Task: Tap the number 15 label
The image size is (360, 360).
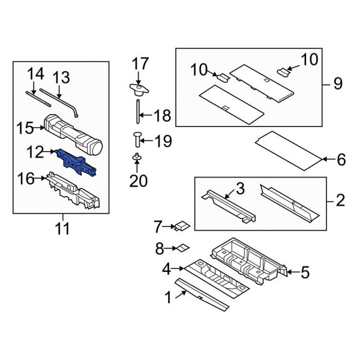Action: (26, 128)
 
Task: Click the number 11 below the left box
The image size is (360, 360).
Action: (62, 229)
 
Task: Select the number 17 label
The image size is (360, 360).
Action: (139, 63)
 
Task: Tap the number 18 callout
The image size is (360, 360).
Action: (162, 115)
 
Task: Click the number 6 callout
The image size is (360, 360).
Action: (341, 160)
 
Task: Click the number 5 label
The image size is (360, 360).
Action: (304, 274)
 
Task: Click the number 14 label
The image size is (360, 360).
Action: (36, 74)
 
